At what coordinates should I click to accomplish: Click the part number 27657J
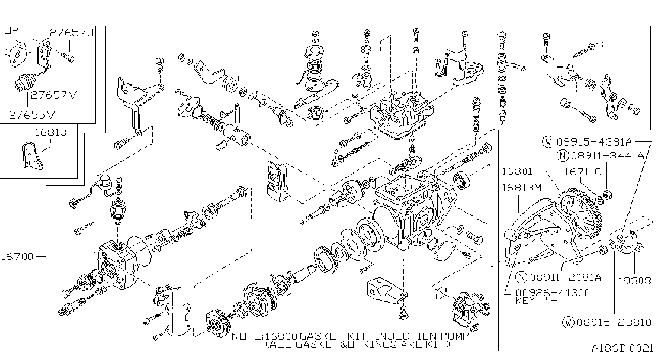[72, 32]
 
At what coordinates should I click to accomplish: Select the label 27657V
[54, 95]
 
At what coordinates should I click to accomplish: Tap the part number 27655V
[32, 115]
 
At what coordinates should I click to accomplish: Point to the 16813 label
[51, 132]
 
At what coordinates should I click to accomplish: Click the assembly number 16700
[18, 257]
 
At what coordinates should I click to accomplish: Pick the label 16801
[517, 171]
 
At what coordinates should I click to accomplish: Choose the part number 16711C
[583, 171]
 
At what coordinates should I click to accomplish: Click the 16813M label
[521, 187]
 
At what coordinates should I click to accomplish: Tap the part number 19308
[634, 281]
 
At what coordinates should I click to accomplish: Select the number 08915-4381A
[594, 142]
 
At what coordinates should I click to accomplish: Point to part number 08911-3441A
[608, 155]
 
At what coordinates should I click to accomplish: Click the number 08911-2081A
[565, 277]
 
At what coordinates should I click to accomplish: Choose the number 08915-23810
[614, 322]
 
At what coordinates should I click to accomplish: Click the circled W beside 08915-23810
[568, 322]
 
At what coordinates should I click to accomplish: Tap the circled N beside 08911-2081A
[521, 277]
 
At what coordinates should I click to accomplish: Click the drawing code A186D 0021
[622, 349]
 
